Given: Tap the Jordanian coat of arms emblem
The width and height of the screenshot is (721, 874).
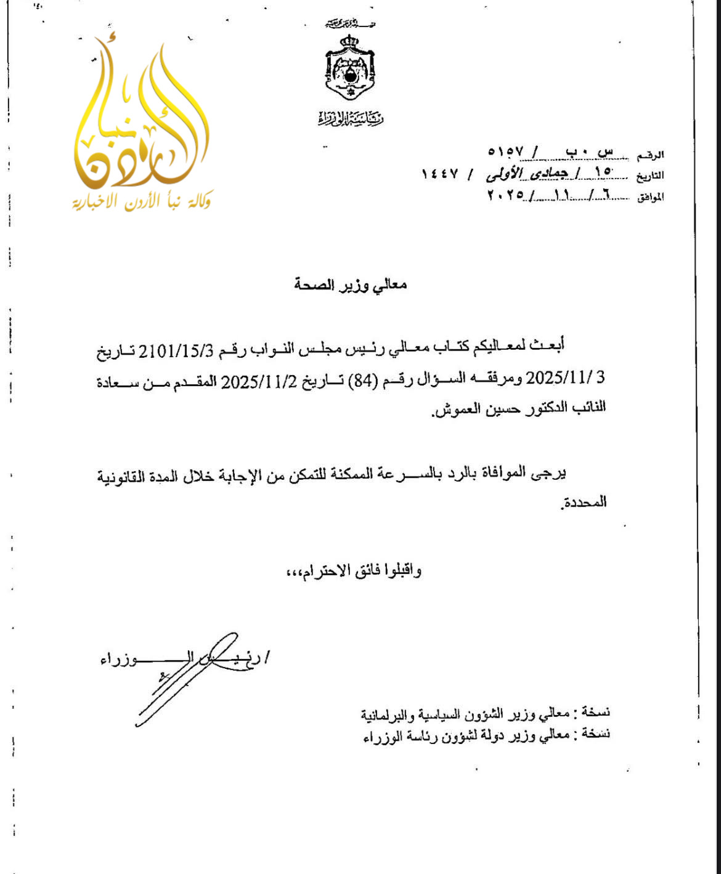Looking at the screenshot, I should pos(350,67).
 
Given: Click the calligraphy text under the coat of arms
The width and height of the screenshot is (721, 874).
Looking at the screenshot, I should pos(350,118).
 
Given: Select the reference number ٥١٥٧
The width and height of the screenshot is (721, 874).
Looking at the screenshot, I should pos(505,152).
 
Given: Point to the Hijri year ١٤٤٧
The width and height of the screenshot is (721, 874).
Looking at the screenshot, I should pos(440,174).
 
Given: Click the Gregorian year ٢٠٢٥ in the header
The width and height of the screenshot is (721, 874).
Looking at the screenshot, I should pos(505,195).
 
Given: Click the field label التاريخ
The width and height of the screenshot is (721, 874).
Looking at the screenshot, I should pos(650,176).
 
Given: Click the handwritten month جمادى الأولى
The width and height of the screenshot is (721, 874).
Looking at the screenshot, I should pos(527,174).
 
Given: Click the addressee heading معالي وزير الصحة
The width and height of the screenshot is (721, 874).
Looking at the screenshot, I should pos(350,285).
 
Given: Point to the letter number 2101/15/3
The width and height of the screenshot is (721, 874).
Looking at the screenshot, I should pos(176,351).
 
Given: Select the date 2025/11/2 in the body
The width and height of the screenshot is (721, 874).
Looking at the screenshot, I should pos(259,381).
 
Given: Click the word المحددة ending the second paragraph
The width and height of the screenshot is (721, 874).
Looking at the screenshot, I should pos(584,503).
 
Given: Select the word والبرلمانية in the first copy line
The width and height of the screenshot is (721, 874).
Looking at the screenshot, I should pos(385,714).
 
